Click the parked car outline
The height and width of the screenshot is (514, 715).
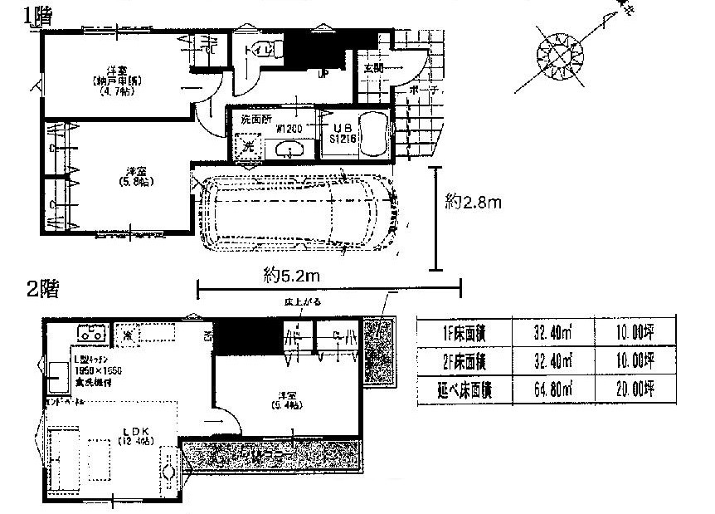pyautogui.click(x=299, y=215)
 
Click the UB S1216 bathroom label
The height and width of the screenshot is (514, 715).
pyautogui.click(x=343, y=134)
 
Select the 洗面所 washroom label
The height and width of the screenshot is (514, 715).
pyautogui.click(x=256, y=119)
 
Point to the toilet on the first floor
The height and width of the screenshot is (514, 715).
pyautogui.click(x=264, y=51)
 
